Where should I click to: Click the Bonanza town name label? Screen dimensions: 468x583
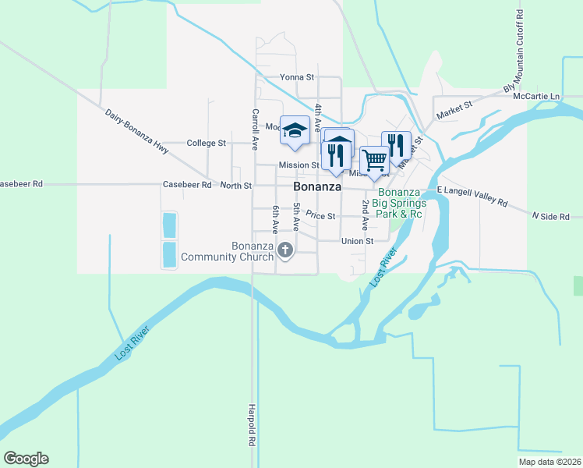(x=317, y=188)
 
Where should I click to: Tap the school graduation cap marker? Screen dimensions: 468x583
(x=295, y=129)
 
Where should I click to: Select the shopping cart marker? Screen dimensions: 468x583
(x=375, y=160)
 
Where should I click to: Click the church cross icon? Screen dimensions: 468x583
(x=285, y=250)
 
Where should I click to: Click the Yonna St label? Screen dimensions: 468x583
(x=296, y=78)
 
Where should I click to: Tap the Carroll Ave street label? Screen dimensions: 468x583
(x=254, y=129)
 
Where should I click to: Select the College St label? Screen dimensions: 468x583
(x=207, y=144)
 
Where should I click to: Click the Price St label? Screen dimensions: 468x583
(x=320, y=215)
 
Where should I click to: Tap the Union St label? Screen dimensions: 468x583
(x=358, y=241)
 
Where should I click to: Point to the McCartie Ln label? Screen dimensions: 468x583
(x=543, y=96)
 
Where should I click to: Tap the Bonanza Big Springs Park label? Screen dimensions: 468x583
(x=400, y=203)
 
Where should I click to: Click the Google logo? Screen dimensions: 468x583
(x=26, y=459)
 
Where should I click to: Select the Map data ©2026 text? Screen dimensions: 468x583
(x=549, y=462)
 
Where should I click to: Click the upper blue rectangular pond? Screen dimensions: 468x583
(x=168, y=225)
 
